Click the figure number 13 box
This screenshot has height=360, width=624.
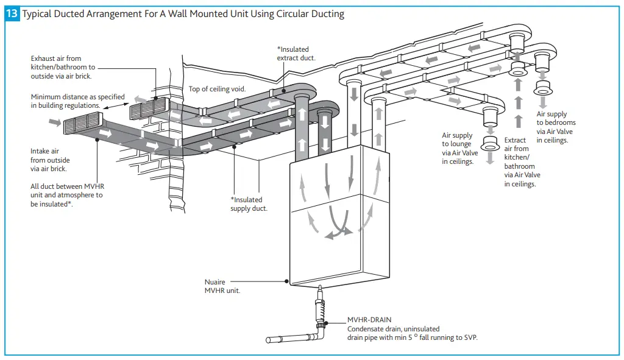click(12, 13)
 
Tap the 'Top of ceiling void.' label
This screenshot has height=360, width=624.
click(217, 89)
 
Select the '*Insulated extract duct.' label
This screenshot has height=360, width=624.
click(293, 54)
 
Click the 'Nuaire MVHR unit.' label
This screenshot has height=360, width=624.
click(222, 286)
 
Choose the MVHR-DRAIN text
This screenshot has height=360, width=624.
click(369, 319)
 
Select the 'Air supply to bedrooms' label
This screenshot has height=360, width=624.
click(556, 127)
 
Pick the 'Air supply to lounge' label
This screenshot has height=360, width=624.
click(460, 149)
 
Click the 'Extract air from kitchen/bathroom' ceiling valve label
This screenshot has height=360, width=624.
click(522, 161)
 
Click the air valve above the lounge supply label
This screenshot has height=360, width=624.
click(490, 144)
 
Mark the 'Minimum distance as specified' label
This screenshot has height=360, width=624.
click(78, 101)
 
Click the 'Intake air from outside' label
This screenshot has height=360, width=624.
click(50, 160)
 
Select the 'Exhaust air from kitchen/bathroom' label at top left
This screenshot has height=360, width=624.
click(63, 67)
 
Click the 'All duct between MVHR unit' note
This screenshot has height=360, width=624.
click(66, 195)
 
